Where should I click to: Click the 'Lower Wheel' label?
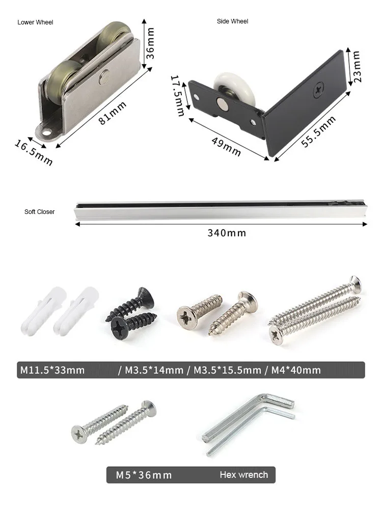click(35, 22)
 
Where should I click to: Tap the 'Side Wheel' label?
click(232, 21)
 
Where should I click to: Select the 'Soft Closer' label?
click(39, 212)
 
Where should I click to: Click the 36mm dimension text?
click(150, 43)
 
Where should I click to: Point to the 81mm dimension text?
click(113, 113)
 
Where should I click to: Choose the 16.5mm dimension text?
click(34, 152)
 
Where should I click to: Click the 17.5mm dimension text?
click(178, 95)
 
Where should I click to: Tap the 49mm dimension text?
click(226, 147)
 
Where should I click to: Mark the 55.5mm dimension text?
click(318, 131)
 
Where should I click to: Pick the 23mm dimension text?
click(357, 66)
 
